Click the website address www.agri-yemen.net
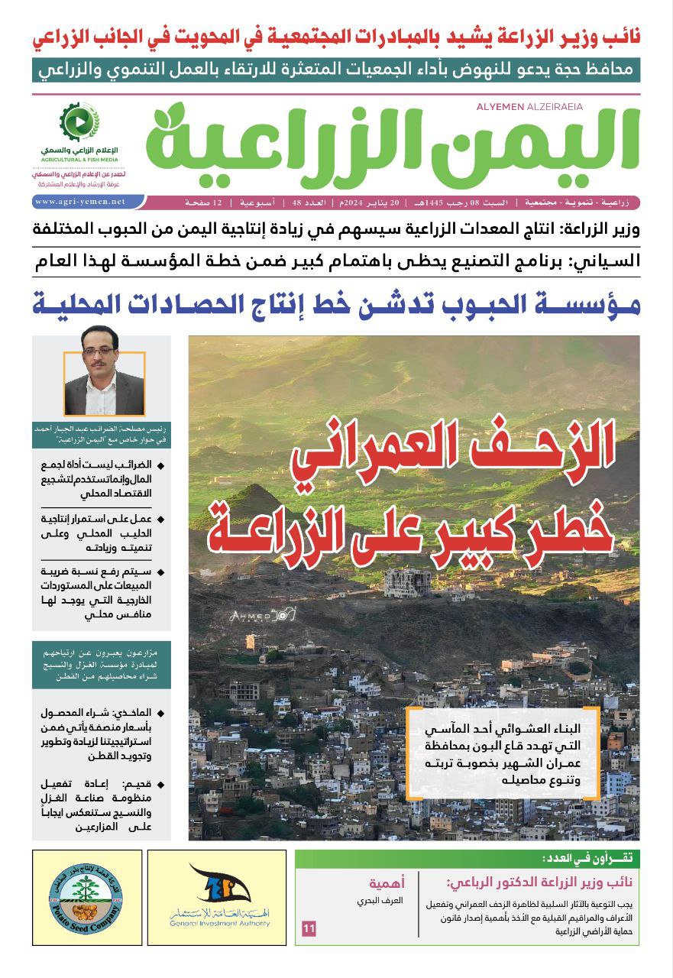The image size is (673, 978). [x=79, y=202]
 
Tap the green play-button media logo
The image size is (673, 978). [x=79, y=121]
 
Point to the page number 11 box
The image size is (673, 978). [x=309, y=929]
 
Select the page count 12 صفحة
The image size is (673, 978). [x=202, y=202]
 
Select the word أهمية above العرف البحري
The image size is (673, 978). [x=387, y=884]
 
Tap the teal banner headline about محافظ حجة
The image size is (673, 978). [x=336, y=69]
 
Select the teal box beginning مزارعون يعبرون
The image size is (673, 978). [x=102, y=665]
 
